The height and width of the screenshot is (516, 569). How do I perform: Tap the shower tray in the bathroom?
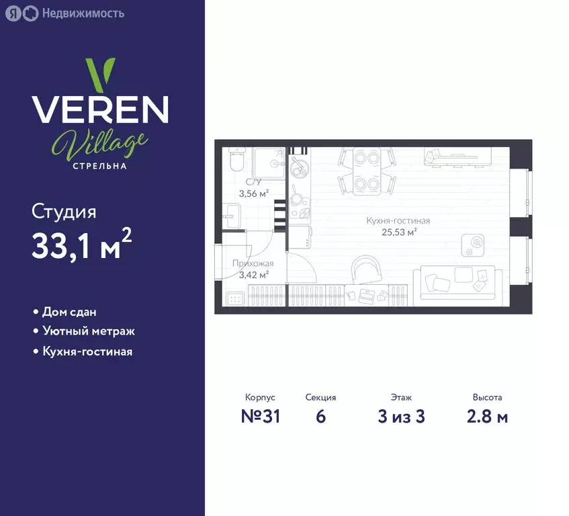[x=269, y=163]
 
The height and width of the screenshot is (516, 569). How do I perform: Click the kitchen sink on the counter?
[x=300, y=166]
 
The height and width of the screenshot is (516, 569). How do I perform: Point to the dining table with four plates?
[x=367, y=171]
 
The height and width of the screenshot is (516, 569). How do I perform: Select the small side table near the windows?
[x=473, y=245]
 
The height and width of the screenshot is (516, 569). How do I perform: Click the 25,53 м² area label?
[x=399, y=232]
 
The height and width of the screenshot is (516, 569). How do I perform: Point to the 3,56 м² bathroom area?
[x=254, y=193]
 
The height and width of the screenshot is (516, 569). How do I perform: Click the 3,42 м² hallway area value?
[x=254, y=275]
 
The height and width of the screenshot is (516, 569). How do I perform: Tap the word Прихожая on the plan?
[x=253, y=263]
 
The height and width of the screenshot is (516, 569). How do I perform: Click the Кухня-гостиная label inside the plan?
[x=398, y=220]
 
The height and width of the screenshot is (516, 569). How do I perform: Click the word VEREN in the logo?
[x=100, y=110]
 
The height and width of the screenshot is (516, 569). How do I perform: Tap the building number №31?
[x=261, y=416]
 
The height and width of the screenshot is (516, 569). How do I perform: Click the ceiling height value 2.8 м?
[x=487, y=417]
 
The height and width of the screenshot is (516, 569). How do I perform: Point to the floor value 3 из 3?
[x=401, y=417]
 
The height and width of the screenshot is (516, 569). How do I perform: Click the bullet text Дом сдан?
[x=69, y=312]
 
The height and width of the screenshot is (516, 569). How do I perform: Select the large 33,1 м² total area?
[x=81, y=244]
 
